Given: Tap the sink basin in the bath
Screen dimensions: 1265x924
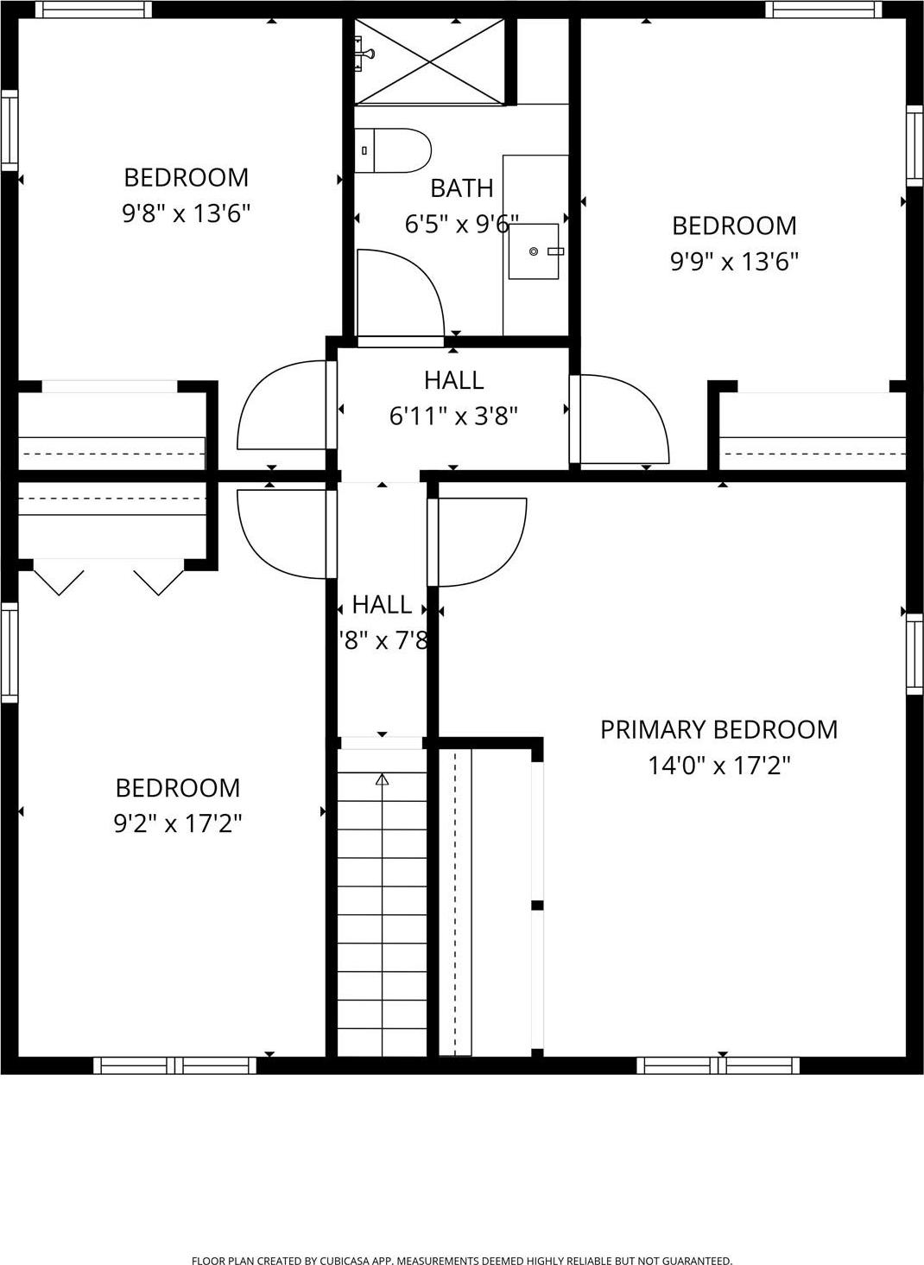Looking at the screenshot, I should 534,251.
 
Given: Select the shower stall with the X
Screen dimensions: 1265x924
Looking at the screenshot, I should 429,61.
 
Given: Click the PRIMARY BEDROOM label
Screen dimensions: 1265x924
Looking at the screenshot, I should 718,729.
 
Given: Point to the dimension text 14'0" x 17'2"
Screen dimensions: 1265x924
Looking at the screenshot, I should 718,766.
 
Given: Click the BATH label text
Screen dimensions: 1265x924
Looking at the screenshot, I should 461,188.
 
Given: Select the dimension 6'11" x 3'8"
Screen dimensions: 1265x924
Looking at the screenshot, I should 453,416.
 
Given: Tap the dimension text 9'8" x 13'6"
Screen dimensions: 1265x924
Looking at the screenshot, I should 186,213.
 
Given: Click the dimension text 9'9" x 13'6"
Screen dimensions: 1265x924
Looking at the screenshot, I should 734,261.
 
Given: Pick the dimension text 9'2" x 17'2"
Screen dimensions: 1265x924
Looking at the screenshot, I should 177,823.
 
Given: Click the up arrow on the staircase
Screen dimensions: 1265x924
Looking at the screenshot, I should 382,780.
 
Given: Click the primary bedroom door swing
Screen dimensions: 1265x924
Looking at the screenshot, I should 479,541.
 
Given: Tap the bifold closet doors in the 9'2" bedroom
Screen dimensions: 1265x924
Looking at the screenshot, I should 108,580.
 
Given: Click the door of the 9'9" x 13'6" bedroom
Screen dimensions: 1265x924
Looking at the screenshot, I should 622,419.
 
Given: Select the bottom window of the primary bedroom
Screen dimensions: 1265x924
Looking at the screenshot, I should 718,1065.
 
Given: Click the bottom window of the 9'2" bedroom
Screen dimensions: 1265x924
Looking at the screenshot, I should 174,1065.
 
